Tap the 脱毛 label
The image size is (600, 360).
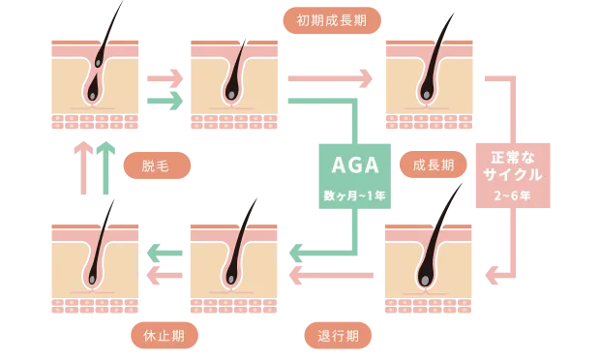point(156,166)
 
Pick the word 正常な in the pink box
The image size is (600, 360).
point(514,155)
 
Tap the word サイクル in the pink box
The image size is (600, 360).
point(514,174)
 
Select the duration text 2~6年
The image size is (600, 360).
point(514,195)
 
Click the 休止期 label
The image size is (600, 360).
point(165,335)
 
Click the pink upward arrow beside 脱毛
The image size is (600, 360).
point(83,167)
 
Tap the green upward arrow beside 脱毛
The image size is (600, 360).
point(105,167)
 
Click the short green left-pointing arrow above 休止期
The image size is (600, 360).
point(164,255)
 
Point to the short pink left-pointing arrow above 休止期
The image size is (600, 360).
point(164,276)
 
